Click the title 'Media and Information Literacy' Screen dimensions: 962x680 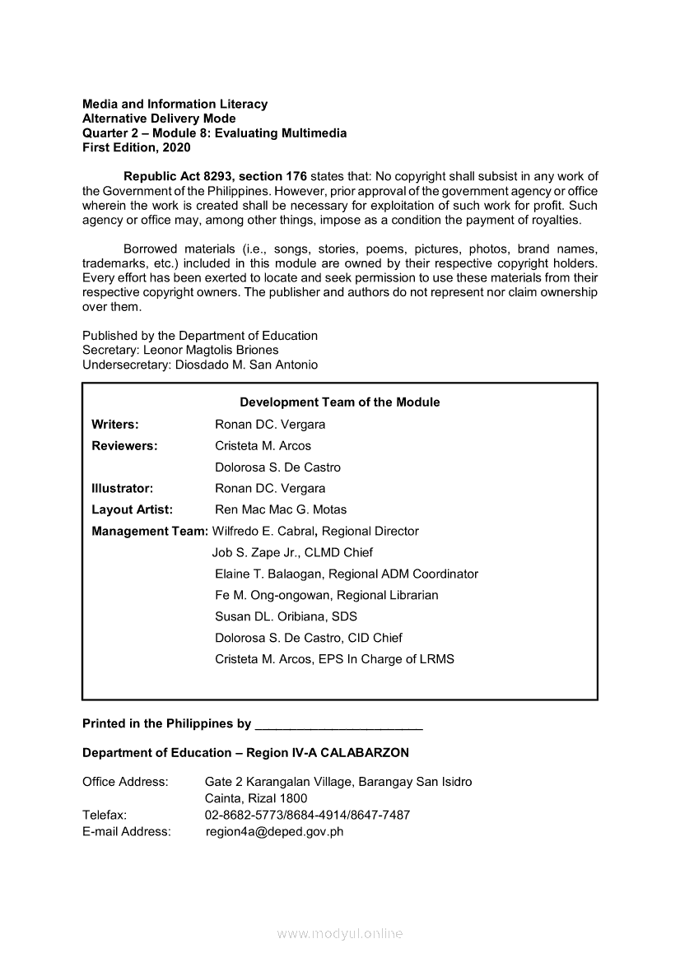[175, 105]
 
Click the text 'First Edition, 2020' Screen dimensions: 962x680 [136, 148]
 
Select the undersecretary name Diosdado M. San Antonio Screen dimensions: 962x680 [246, 365]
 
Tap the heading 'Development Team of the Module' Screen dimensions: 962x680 [339, 402]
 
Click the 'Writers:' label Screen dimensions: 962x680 [115, 425]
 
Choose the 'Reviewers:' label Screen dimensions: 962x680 [124, 446]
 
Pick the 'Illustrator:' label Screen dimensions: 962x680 [122, 489]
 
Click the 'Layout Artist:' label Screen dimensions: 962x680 [132, 510]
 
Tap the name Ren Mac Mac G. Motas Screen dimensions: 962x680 [281, 510]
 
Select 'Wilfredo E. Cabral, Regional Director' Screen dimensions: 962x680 [315, 532]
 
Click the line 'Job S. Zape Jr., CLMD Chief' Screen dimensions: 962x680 [292, 553]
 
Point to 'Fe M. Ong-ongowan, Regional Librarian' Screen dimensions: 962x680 [326, 596]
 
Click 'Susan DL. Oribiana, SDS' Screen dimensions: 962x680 [286, 617]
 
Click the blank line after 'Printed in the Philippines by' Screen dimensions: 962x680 [339, 726]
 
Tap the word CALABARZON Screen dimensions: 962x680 [364, 753]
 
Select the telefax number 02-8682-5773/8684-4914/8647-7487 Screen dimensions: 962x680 [307, 816]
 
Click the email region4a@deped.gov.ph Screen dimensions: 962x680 [274, 832]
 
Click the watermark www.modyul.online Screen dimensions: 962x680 [340, 934]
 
